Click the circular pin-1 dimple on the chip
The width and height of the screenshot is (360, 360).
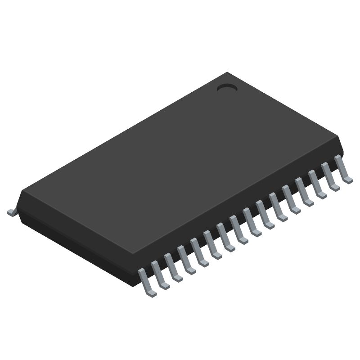[227, 88]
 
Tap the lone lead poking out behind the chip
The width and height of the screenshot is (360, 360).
[11, 212]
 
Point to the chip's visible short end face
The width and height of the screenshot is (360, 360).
[76, 243]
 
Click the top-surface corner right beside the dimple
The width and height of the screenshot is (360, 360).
[228, 74]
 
